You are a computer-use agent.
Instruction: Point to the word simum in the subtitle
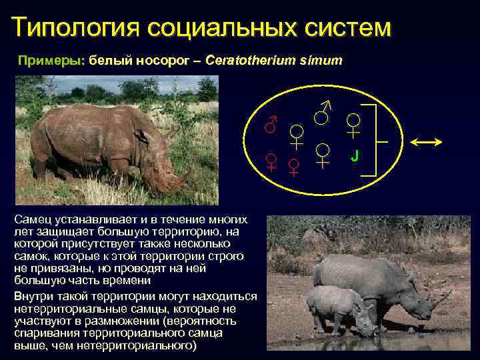pyautogui.click(x=324, y=61)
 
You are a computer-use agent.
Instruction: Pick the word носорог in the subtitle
pyautogui.click(x=164, y=61)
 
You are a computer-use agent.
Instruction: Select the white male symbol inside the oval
pyautogui.click(x=323, y=114)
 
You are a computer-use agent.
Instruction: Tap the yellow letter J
pyautogui.click(x=355, y=156)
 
